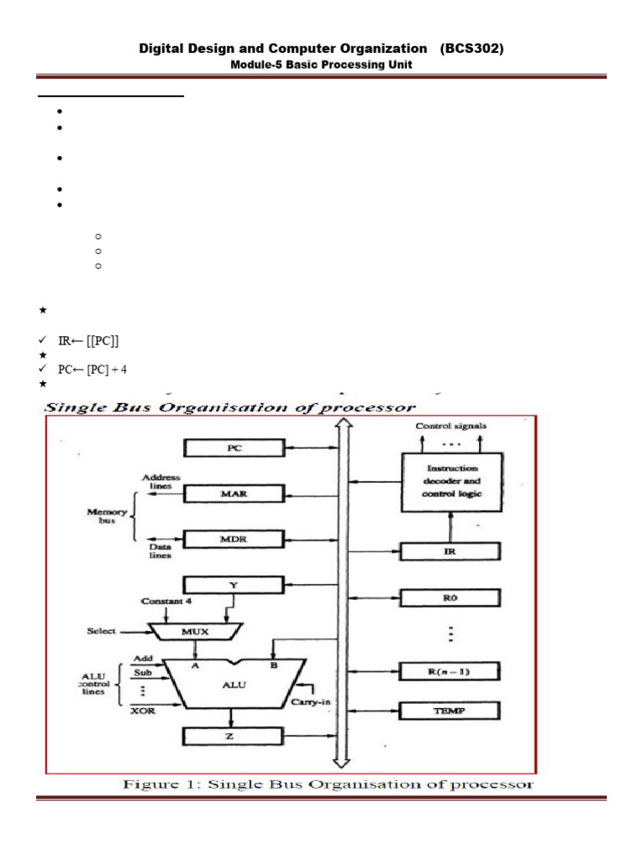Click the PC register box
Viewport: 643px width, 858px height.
pos(234,449)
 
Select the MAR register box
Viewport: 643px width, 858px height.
pos(234,494)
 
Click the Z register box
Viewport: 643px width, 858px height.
pos(234,737)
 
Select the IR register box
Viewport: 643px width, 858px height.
pos(450,551)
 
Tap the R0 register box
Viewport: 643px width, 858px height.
pos(450,598)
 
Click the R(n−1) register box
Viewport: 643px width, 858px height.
pos(450,671)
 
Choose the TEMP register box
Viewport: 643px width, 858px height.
pos(450,711)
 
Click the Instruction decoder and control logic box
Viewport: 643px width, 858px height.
pos(451,478)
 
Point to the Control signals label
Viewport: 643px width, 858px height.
pos(451,426)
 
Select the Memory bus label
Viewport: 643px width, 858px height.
pos(105,514)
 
